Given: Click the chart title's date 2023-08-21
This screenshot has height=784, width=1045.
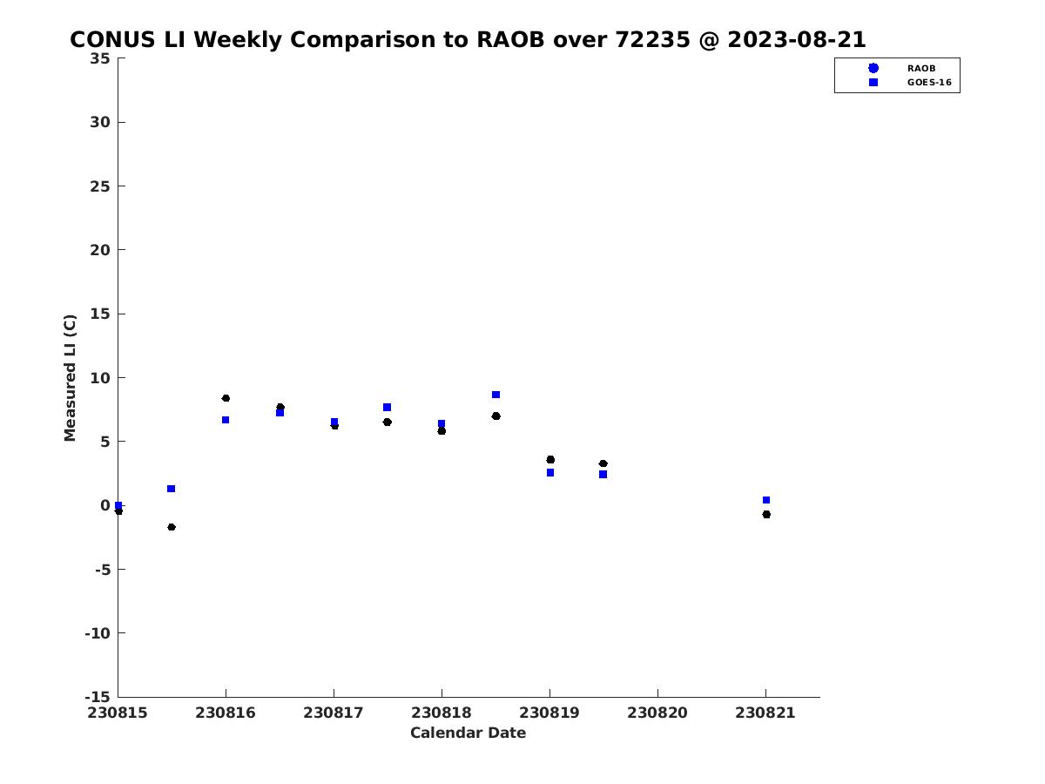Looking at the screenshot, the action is coord(796,39).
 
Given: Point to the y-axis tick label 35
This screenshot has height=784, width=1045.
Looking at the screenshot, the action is coord(100,58).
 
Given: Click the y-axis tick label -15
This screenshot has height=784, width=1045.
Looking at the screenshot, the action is coord(98,697).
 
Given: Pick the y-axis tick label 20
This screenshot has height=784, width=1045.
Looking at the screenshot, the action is coord(100,250).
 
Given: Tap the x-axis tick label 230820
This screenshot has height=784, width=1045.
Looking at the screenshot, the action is coord(657,713).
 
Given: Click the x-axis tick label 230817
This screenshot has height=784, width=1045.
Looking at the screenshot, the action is coord(334,713).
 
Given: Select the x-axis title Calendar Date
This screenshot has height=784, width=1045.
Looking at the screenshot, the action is coord(468,733).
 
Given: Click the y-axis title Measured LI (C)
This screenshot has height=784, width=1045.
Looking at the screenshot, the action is coord(70,377).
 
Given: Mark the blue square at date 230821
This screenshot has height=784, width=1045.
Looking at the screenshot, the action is coord(766,500).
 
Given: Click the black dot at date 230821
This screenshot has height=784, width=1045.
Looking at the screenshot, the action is coord(766,514).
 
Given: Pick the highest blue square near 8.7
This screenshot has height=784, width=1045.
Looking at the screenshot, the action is coord(496,395).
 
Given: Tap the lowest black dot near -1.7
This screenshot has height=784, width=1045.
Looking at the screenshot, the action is coord(172,527).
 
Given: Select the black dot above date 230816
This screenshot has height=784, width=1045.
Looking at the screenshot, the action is coord(226,398).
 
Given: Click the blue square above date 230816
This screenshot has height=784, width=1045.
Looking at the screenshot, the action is coord(226,420).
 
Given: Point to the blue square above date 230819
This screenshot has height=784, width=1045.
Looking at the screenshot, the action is coord(549,473).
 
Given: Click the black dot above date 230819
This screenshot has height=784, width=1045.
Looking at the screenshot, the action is coord(550,459).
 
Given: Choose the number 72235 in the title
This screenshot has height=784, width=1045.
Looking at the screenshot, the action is coord(652,39).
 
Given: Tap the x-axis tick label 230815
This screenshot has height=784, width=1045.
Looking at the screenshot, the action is coord(117,713).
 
